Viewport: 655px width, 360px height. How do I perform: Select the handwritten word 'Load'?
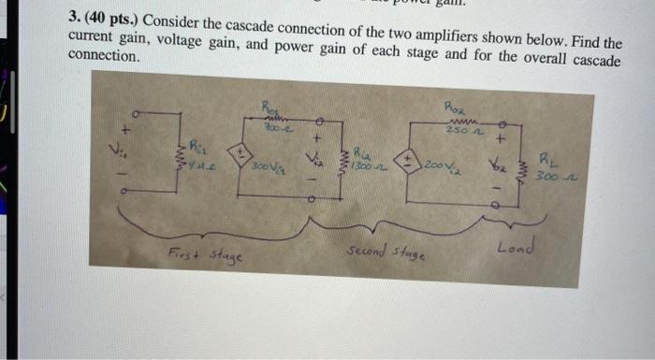point(516,247)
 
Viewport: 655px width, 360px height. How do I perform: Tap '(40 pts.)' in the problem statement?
point(115,20)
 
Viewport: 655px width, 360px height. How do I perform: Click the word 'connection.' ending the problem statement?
point(106,56)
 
